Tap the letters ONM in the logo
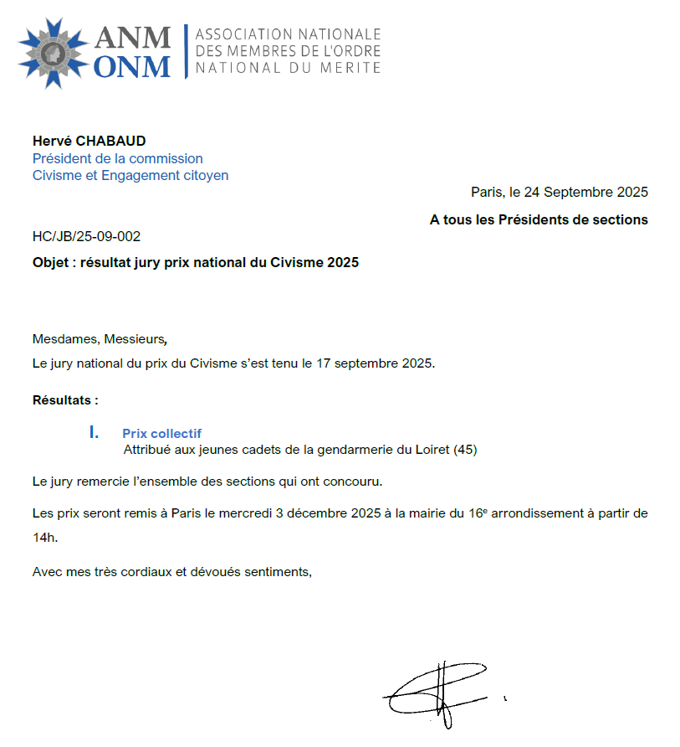[x=132, y=66]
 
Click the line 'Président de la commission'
[x=117, y=158]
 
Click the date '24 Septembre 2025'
[x=585, y=193]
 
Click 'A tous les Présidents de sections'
[x=539, y=219]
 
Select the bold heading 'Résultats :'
[x=65, y=399]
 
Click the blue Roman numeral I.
[x=95, y=432]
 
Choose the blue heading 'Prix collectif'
[x=161, y=433]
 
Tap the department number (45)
[x=464, y=450]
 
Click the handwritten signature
[x=439, y=691]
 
